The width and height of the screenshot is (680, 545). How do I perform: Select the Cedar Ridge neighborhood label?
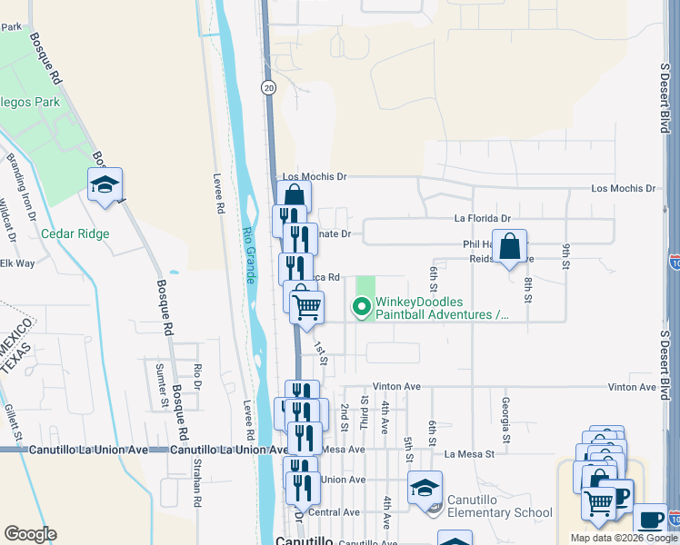tap(75, 233)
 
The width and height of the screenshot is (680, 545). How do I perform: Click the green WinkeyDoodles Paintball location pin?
tap(363, 308)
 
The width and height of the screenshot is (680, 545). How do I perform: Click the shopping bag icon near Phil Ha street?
tap(511, 246)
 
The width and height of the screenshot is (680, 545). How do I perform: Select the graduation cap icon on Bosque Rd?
tap(105, 184)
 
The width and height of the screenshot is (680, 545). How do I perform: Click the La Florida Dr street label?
tap(483, 219)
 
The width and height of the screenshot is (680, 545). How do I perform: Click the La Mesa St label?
tap(468, 453)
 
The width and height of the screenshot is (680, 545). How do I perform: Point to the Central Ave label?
tap(334, 512)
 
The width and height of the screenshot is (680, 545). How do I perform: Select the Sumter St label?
tap(160, 382)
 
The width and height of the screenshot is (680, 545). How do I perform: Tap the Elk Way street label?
tap(17, 263)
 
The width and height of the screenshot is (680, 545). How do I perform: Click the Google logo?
tap(30, 534)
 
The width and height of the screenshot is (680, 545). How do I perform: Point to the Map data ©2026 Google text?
tap(623, 538)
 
